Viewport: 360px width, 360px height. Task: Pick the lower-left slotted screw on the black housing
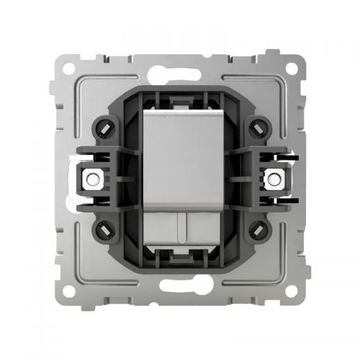tap(102, 230)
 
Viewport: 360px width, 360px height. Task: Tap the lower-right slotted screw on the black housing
tap(257, 230)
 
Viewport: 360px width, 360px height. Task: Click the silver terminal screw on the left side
tap(91, 176)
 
